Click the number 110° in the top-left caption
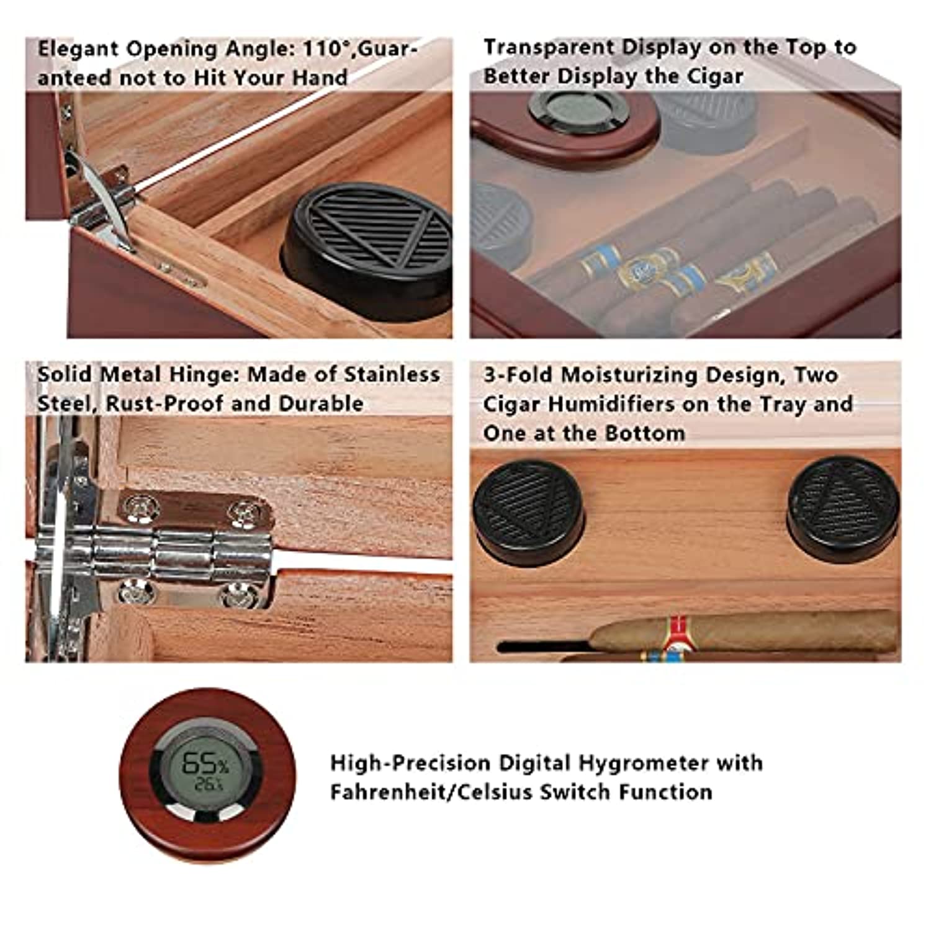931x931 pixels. coord(324,48)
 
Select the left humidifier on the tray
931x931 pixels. coord(528,512)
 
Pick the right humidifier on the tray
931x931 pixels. coord(843,510)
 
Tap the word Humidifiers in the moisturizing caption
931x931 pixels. coord(627,404)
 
